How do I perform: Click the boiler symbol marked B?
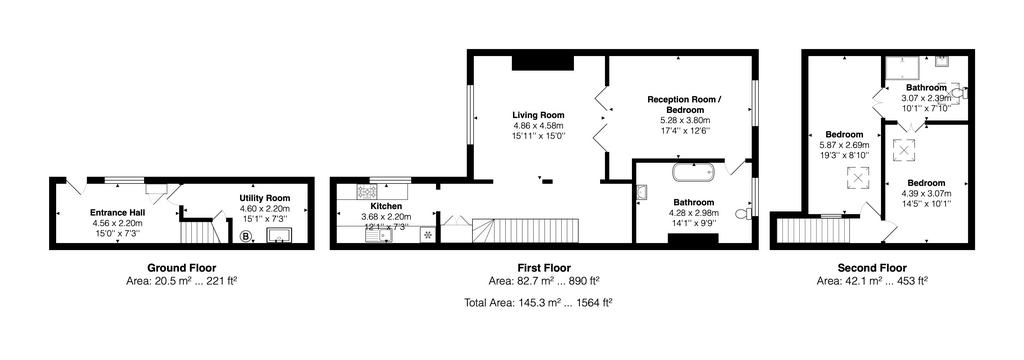pos(245,237)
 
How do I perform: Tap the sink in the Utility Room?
pos(279,235)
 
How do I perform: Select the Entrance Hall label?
pos(117,212)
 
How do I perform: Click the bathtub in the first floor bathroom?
pos(694,172)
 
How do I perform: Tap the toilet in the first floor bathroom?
pos(742,213)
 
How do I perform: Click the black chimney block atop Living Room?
pos(542,63)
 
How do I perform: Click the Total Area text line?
pos(539,301)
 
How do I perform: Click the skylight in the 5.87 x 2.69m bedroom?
pos(858,179)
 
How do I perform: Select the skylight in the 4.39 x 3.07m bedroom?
pos(907,150)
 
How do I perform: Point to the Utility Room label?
pos(265,198)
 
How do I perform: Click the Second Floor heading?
pos(872,268)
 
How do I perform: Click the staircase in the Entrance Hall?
pos(199,232)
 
